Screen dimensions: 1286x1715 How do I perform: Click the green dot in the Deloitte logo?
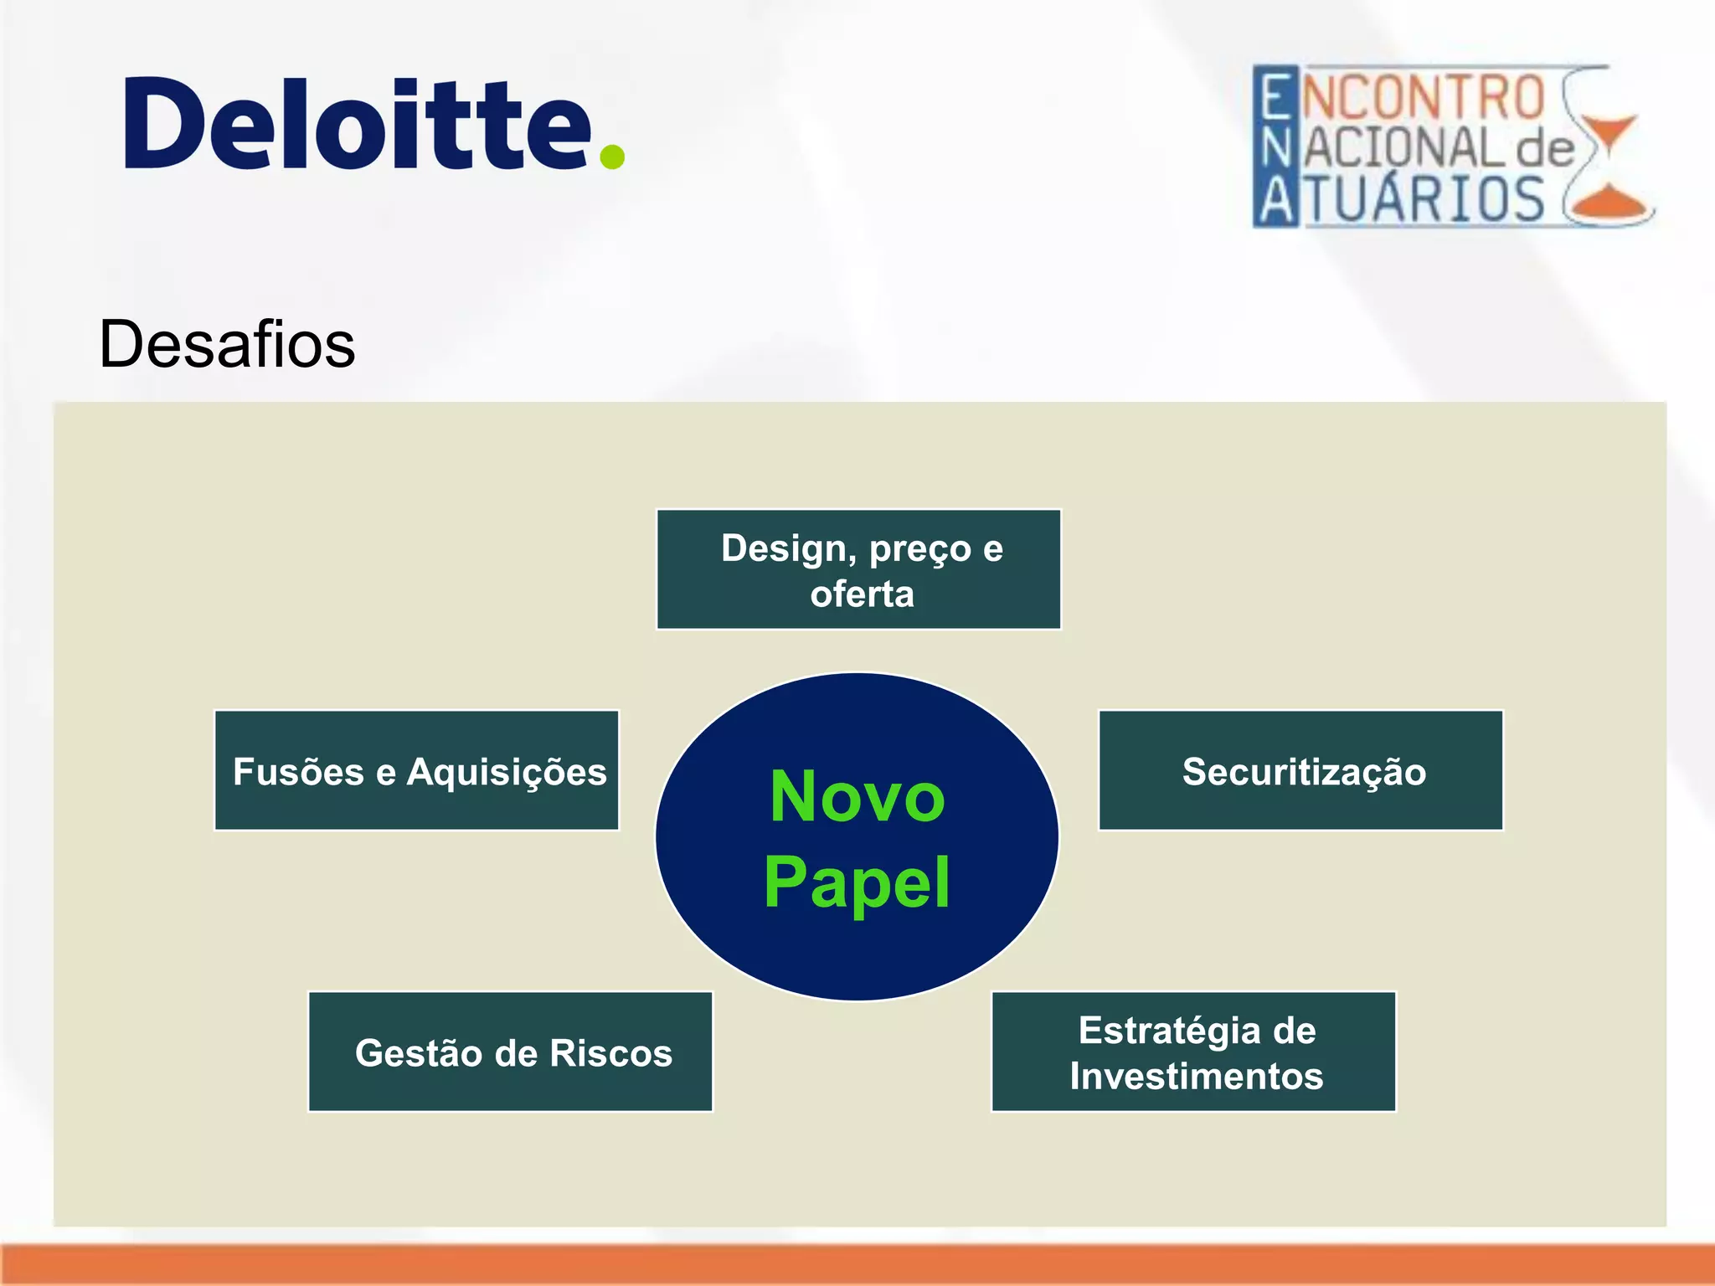612,156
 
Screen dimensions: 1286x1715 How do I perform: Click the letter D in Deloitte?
167,124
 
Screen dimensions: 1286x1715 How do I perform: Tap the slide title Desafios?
227,344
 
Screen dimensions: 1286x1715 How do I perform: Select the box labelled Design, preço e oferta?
858,569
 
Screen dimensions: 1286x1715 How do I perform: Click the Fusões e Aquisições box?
416,770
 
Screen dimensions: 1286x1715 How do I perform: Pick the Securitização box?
1300,770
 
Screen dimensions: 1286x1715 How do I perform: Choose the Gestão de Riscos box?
510,1052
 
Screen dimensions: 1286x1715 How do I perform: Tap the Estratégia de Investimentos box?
1193,1052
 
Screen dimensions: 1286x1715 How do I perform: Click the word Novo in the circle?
857,796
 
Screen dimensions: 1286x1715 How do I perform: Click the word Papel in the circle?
857,882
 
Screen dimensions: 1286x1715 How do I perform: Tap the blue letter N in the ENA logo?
1276,148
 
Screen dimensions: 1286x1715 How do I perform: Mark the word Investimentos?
1196,1076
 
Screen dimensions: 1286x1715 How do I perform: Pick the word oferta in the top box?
862,594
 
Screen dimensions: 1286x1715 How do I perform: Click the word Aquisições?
506,772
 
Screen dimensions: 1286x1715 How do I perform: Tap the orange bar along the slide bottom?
857,1264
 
